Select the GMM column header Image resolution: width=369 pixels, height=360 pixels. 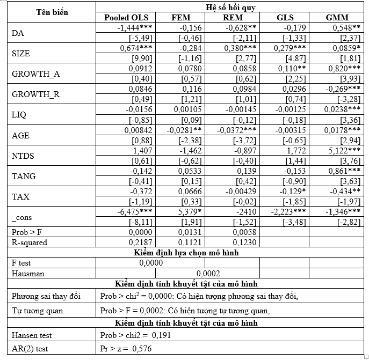click(337, 18)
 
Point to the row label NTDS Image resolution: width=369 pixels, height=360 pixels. click(23, 156)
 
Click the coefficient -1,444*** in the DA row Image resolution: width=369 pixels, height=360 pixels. click(134, 27)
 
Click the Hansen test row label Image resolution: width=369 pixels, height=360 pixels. click(32, 335)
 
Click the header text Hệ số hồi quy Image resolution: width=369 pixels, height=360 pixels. click(231, 7)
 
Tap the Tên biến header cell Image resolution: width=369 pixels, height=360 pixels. click(52, 12)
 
